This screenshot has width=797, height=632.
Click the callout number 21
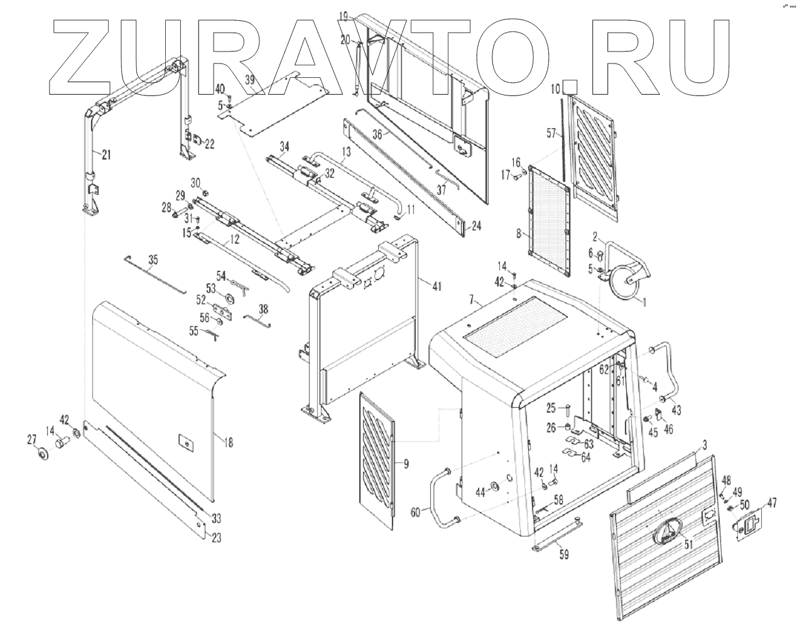coord(106,155)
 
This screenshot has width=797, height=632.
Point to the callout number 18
coord(228,443)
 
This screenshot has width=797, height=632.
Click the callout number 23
coord(216,537)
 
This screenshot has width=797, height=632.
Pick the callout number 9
coord(406,464)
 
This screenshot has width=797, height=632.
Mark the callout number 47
coord(771,503)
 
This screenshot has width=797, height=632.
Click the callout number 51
coord(688,545)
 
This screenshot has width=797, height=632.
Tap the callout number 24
coord(476,226)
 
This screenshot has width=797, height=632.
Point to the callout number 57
coord(551,133)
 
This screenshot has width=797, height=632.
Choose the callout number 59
coord(564,555)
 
